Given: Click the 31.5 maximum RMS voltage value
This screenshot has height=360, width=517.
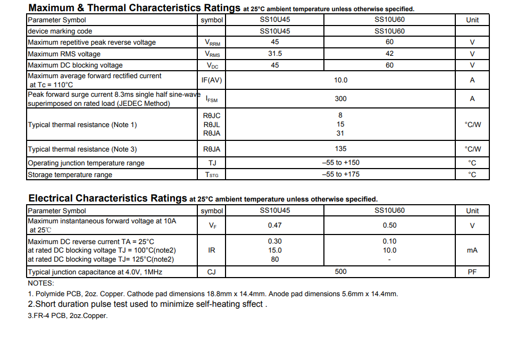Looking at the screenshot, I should pyautogui.click(x=275, y=54).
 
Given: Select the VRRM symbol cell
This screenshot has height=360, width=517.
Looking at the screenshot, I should pyautogui.click(x=212, y=43).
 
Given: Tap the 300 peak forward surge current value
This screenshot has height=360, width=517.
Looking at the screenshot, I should pyautogui.click(x=340, y=99).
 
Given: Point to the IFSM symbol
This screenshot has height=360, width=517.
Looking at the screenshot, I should pyautogui.click(x=212, y=99).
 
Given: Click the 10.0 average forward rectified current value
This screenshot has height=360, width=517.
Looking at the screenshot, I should pyautogui.click(x=340, y=80).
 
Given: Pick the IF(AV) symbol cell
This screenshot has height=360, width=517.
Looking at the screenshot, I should pyautogui.click(x=212, y=80).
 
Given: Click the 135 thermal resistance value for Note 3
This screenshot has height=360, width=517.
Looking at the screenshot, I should pyautogui.click(x=340, y=149).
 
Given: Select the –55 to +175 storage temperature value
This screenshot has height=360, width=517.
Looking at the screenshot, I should pyautogui.click(x=340, y=174).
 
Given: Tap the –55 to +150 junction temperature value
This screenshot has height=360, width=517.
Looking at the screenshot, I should pyautogui.click(x=340, y=163).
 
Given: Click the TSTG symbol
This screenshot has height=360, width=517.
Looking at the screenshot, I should pyautogui.click(x=212, y=174).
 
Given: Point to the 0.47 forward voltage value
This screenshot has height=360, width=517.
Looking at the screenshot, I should pyautogui.click(x=275, y=225).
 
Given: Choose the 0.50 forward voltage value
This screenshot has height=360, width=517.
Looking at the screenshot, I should pyautogui.click(x=390, y=225).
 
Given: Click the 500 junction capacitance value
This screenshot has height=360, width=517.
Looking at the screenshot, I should pyautogui.click(x=340, y=272).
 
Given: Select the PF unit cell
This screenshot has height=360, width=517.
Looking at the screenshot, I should pyautogui.click(x=472, y=272).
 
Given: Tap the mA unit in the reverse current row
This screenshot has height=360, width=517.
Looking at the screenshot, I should pyautogui.click(x=472, y=250).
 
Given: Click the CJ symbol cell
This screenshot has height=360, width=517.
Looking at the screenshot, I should pyautogui.click(x=212, y=272).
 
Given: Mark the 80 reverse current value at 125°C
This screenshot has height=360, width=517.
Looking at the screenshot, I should pyautogui.click(x=275, y=259).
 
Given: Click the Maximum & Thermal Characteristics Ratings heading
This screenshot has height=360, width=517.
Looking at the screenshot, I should pyautogui.click(x=134, y=8).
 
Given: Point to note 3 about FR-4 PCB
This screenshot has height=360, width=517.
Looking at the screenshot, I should pyautogui.click(x=68, y=316).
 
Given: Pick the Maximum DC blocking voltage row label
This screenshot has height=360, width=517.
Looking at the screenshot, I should pyautogui.click(x=75, y=65).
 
